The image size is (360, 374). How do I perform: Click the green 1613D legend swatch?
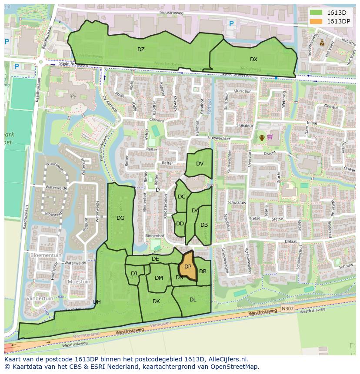(316, 13)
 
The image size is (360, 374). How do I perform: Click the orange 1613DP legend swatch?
(316, 21)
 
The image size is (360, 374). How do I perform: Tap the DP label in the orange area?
(188, 267)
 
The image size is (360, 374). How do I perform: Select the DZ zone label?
(141, 50)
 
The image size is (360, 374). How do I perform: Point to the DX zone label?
(253, 60)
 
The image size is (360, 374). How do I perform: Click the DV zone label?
(200, 164)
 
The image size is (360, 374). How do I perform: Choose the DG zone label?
(120, 218)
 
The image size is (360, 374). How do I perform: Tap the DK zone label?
(156, 301)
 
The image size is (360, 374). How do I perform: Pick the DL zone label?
(193, 300)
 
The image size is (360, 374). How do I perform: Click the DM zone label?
(159, 278)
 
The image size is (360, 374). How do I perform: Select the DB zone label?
(204, 225)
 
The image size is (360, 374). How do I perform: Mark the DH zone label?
(97, 302)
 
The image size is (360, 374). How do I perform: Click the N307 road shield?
(287, 308)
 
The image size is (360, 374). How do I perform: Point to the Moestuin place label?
(79, 281)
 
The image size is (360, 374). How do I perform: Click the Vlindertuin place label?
(40, 298)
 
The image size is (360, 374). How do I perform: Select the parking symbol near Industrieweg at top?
(231, 24)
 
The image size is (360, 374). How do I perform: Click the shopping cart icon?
(270, 137)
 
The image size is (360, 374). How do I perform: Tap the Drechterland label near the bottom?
(86, 335)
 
